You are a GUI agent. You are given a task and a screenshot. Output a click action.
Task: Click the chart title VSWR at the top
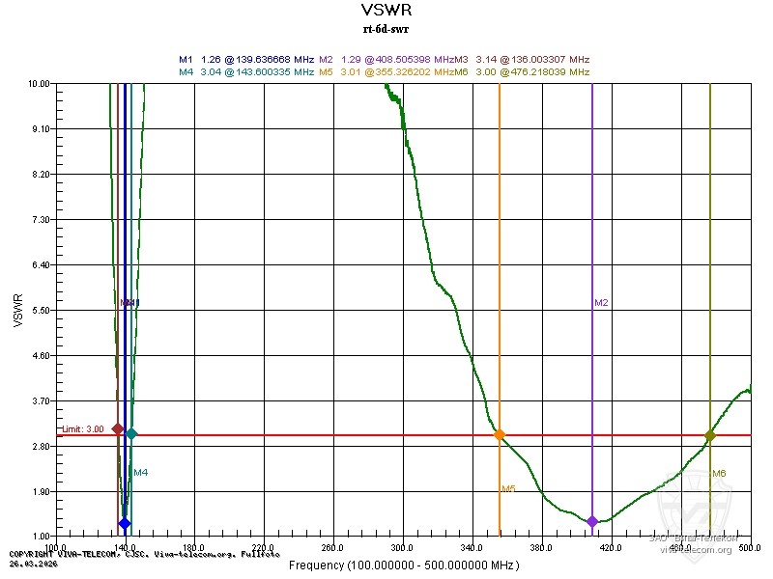tap(386, 11)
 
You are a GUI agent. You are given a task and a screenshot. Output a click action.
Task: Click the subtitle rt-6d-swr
tap(386, 28)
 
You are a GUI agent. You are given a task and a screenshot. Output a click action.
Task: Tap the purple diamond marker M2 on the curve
tap(592, 522)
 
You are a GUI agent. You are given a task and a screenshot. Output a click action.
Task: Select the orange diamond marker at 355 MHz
tap(500, 435)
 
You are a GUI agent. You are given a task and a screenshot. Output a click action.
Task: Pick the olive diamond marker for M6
tap(710, 436)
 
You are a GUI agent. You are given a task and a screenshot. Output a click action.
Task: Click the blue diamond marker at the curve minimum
tap(125, 523)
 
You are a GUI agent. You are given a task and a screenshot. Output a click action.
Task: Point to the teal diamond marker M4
tap(131, 434)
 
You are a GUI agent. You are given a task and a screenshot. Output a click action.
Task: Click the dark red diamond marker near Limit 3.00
tap(118, 428)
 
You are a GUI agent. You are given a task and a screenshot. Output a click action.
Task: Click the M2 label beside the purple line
tap(601, 303)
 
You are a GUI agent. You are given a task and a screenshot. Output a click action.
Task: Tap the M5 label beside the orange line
tap(507, 489)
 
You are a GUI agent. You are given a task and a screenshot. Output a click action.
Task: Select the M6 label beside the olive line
tap(719, 473)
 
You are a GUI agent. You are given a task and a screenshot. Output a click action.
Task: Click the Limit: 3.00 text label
tap(83, 429)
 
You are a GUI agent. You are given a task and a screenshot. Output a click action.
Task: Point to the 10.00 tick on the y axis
tap(42, 84)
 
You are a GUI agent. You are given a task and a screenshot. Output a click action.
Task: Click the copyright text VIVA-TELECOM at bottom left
tap(77, 554)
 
